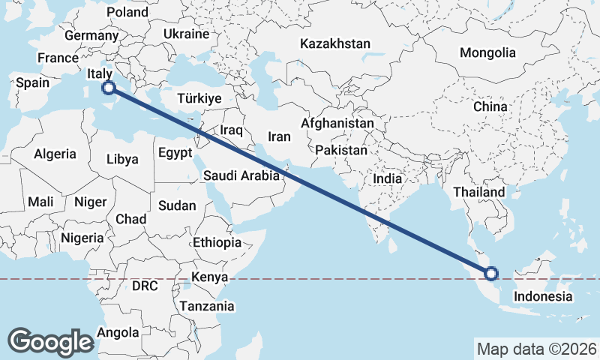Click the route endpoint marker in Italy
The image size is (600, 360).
click(108, 88)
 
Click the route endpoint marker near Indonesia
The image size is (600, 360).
click(492, 274)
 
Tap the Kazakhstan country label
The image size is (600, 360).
click(334, 44)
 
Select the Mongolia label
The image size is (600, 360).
click(487, 53)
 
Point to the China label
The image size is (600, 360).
click(490, 107)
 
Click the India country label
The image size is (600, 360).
click(388, 179)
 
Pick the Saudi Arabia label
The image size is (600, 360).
click(241, 176)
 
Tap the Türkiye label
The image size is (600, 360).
click(199, 99)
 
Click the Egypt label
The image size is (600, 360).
click(175, 153)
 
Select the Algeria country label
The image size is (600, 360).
click(55, 154)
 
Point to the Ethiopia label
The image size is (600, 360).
click(217, 243)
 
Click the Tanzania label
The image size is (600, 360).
click(206, 306)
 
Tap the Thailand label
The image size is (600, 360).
click(478, 193)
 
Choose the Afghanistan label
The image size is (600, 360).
click(337, 124)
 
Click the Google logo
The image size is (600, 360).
click(50, 341)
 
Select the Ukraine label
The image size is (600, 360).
click(186, 34)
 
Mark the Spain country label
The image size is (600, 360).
click(32, 83)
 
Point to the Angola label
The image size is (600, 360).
click(118, 332)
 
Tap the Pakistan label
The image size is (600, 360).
click(341, 151)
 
